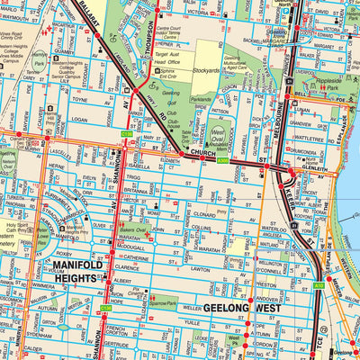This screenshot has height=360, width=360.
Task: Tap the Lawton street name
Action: point(199,268)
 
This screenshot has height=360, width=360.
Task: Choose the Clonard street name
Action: point(200,215)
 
